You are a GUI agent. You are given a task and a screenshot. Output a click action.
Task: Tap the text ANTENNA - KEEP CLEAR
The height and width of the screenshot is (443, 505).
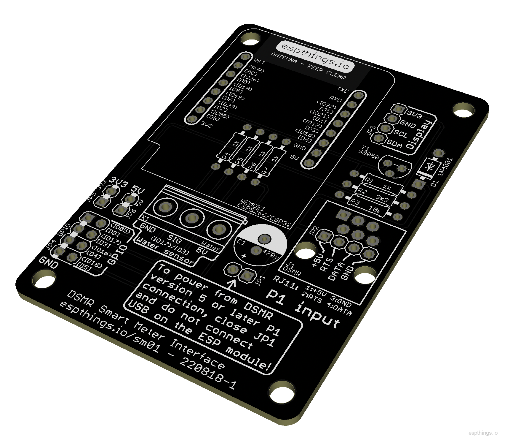pos(308,66)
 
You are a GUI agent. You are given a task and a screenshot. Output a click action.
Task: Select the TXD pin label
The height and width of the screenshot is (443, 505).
pos(343,89)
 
